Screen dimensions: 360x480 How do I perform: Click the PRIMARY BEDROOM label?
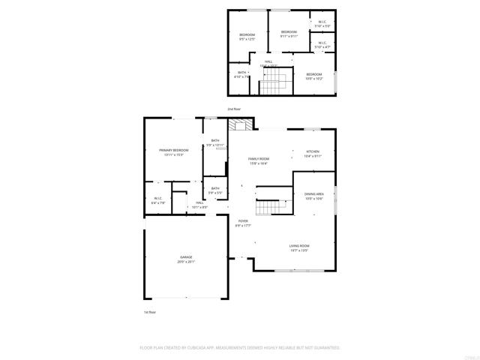(173, 151)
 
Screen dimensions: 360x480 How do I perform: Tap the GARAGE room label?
(185, 257)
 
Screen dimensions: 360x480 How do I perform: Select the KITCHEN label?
(313, 151)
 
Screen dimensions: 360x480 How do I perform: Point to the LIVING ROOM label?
(299, 246)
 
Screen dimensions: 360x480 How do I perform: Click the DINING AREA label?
(313, 194)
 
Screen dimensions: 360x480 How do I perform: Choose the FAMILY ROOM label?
(259, 158)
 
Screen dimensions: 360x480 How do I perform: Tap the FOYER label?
(243, 220)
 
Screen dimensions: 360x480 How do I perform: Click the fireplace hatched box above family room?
(242, 124)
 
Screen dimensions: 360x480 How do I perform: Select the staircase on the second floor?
(273, 82)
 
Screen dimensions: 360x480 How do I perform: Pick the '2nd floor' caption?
(234, 109)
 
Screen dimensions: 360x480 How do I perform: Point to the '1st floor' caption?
(149, 311)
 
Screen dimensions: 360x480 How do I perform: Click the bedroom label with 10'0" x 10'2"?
(313, 74)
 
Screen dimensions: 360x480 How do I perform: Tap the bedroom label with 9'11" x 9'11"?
(289, 32)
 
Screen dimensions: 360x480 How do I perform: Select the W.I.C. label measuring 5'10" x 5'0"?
(322, 22)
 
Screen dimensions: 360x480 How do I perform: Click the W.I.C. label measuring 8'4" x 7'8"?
(157, 198)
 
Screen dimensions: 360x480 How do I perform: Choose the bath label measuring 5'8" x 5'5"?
(215, 188)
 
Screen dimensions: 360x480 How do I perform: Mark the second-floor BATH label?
(241, 73)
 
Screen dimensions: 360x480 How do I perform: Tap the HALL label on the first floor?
(200, 202)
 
